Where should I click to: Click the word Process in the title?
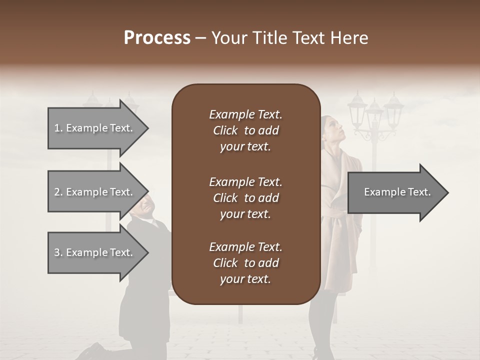click(157, 38)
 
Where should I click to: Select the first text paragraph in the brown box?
click(245, 130)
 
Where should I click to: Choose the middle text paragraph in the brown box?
click(245, 198)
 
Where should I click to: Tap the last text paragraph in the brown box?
click(245, 263)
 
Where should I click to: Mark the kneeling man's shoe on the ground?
click(93, 351)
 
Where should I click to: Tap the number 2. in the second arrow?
click(58, 192)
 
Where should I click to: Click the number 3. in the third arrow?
click(58, 252)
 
